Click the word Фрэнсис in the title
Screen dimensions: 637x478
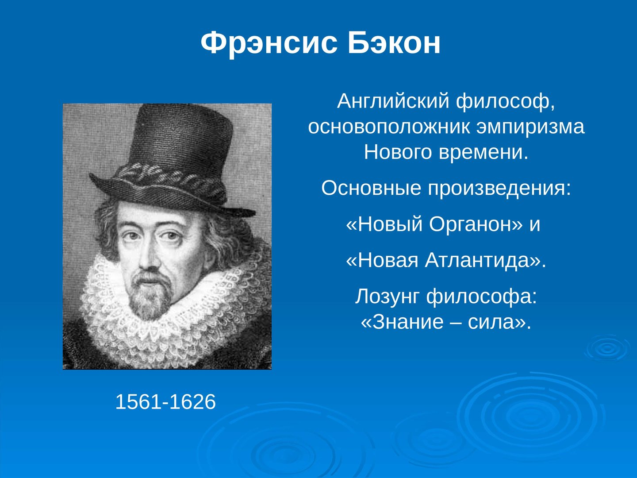269,43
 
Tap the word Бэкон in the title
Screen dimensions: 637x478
394,42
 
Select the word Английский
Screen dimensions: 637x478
393,101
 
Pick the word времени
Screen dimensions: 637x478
484,152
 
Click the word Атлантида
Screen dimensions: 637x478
477,260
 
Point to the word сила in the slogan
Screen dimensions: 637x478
491,322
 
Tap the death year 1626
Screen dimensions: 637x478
192,402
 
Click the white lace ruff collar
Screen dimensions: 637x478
169,313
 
